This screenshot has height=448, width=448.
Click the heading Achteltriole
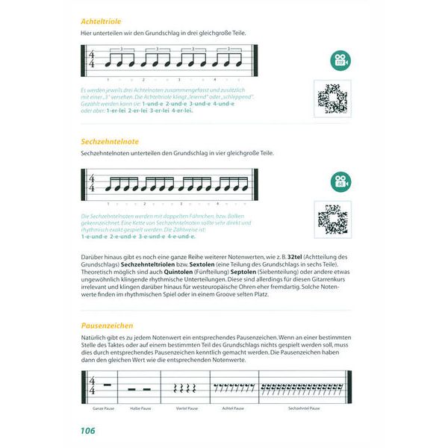[102, 22]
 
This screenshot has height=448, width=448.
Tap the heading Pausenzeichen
[107, 326]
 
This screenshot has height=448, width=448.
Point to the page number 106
[88, 431]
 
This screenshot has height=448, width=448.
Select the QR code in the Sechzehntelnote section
[333, 219]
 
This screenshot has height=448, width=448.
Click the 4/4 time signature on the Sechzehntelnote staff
[93, 181]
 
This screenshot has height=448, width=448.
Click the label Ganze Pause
[103, 409]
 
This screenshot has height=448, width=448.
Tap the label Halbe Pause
[141, 409]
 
